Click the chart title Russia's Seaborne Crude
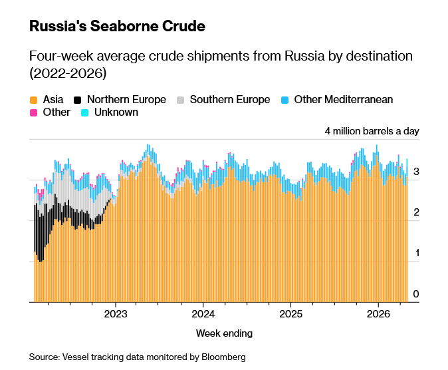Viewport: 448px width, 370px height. (117, 27)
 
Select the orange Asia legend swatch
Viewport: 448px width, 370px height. (33, 100)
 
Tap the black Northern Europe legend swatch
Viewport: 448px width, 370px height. (78, 100)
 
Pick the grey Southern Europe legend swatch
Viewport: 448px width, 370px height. (180, 100)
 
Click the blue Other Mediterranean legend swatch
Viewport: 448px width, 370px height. (284, 100)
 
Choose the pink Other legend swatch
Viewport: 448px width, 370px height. (33, 112)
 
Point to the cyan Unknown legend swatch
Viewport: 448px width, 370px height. (84, 112)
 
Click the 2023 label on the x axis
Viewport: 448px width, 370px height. (116, 313)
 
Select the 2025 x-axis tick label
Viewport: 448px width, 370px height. (290, 313)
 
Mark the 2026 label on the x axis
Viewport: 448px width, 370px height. (378, 313)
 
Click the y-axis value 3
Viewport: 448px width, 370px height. (415, 172)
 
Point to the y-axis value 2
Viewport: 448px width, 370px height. (415, 212)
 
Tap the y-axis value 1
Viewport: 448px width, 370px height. (415, 253)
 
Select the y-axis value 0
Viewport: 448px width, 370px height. (415, 294)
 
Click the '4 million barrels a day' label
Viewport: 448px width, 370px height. (372, 131)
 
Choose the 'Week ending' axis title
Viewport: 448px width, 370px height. (224, 333)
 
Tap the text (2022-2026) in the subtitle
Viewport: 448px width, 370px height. (68, 72)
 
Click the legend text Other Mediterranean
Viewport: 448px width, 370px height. (344, 100)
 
